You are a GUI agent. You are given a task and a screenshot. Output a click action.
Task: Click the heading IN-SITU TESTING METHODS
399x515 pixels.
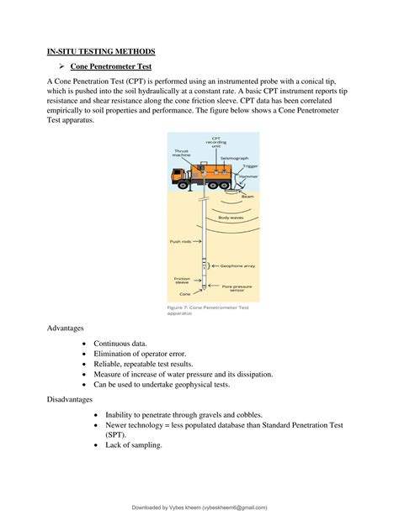pyautogui.click(x=100, y=52)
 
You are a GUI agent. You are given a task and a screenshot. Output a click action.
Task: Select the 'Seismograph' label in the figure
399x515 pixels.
pyautogui.click(x=233, y=158)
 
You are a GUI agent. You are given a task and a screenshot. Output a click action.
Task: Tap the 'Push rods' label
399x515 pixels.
pyautogui.click(x=183, y=241)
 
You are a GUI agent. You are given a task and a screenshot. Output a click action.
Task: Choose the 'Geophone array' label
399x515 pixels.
pyautogui.click(x=238, y=265)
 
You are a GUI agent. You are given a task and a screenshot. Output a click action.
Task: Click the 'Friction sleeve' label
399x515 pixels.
pyautogui.click(x=183, y=281)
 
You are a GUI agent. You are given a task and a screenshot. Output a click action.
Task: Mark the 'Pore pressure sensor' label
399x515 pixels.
pyautogui.click(x=238, y=286)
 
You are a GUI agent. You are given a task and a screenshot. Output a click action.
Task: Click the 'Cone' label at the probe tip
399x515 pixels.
pyautogui.click(x=185, y=294)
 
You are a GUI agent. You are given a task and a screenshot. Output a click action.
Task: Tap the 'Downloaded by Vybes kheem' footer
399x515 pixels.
pyautogui.click(x=199, y=507)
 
